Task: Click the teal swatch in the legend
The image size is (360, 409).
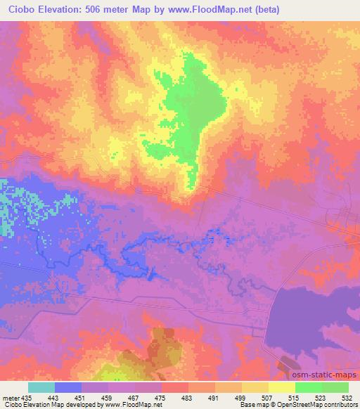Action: tap(41, 387)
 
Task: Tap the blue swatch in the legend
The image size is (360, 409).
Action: tap(68, 387)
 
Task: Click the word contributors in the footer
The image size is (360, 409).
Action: tap(339, 405)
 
